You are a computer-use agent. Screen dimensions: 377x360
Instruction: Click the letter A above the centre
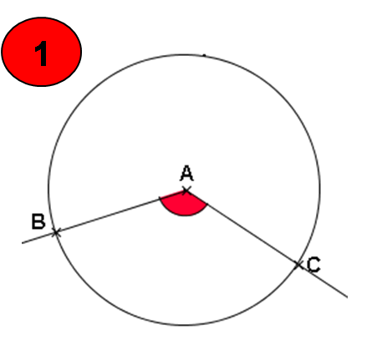click(x=186, y=173)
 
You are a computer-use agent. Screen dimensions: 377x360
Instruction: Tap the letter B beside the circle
click(x=38, y=221)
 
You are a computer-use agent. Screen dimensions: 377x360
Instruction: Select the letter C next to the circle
click(x=313, y=265)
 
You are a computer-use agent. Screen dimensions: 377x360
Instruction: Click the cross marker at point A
click(x=186, y=190)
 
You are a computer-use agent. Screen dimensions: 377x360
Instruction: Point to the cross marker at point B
click(x=56, y=232)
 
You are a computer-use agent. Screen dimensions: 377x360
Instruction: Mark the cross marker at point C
click(x=298, y=265)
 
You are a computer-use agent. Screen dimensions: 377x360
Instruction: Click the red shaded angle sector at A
click(x=184, y=204)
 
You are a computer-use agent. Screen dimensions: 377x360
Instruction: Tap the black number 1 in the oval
click(x=41, y=53)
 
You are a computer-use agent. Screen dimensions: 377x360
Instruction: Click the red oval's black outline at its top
click(x=42, y=18)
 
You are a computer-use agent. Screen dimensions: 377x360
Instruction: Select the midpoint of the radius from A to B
click(x=121, y=211)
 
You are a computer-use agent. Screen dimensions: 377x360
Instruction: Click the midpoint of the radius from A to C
click(x=242, y=228)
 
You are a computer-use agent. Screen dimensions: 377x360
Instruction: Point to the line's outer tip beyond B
click(x=23, y=243)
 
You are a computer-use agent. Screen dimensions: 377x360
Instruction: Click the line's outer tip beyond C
click(x=347, y=297)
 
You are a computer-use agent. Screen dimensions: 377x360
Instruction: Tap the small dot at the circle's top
click(x=204, y=55)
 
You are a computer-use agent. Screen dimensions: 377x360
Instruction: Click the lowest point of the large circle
click(x=184, y=325)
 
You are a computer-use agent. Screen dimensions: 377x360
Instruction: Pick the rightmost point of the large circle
click(x=320, y=190)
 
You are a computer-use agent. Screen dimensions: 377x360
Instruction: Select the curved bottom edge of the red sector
click(x=183, y=215)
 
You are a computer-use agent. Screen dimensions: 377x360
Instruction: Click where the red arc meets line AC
click(x=207, y=205)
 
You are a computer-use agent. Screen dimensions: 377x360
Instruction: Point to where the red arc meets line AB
click(x=160, y=198)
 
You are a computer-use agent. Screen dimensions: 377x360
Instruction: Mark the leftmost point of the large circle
click(x=48, y=190)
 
